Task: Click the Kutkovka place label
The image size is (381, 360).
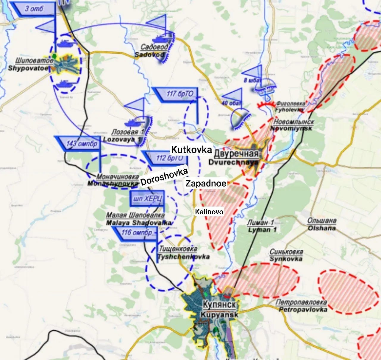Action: pos(191,149)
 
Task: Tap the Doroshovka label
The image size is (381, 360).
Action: pos(164,177)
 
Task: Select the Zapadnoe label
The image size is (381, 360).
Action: pos(206,183)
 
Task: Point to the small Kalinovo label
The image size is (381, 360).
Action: pos(209,212)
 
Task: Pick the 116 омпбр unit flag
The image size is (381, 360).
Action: pos(136,232)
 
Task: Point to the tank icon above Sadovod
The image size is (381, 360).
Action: pos(160,39)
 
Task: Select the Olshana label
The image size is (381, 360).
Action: pos(321,224)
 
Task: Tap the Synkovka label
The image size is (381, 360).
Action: pos(286,255)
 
